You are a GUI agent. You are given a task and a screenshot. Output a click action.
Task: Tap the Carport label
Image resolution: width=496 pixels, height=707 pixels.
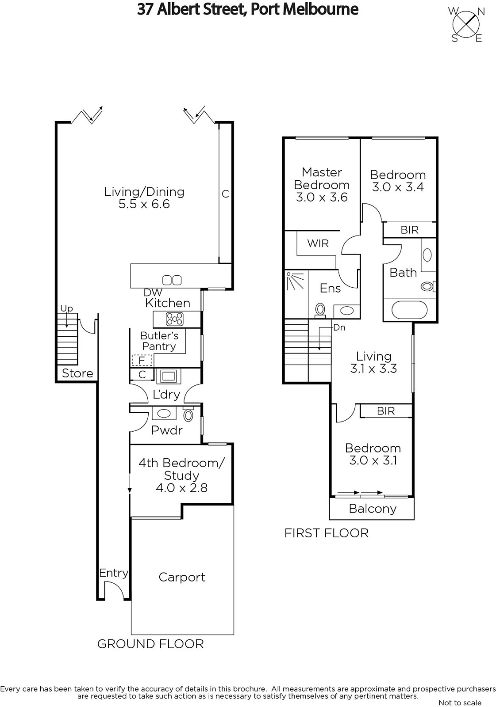[x=182, y=577]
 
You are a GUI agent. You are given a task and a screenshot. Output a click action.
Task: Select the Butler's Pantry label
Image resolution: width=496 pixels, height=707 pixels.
[x=159, y=341]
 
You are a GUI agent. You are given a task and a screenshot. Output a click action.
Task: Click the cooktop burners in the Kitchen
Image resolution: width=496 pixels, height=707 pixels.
[x=174, y=319]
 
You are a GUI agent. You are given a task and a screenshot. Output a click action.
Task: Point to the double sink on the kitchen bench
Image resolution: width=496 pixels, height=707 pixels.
[x=172, y=280]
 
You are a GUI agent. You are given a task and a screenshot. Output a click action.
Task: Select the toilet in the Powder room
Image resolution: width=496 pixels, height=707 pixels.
[x=188, y=414]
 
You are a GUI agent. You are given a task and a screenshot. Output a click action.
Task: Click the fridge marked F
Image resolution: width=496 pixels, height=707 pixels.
[x=142, y=360]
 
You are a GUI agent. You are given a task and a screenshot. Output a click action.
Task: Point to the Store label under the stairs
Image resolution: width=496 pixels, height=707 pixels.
[x=77, y=373]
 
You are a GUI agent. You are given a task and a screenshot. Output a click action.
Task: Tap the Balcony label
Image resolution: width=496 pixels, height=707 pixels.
[x=373, y=509]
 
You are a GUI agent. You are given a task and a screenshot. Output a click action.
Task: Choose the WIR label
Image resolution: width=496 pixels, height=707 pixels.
[x=318, y=243]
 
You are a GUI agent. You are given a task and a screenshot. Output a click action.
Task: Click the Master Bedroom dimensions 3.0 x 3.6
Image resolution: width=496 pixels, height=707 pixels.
[x=322, y=197]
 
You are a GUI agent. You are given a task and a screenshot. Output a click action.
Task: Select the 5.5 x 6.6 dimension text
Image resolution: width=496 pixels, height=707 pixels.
[x=144, y=204]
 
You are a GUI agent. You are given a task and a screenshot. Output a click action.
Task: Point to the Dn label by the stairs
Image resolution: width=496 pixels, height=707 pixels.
[x=339, y=327]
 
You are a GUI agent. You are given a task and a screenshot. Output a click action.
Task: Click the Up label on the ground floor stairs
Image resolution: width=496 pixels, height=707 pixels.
[x=66, y=308]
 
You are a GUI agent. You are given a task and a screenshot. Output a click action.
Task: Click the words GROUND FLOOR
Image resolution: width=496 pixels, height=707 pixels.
[x=150, y=644]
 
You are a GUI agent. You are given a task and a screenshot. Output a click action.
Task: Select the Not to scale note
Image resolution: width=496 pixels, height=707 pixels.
[x=460, y=703]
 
